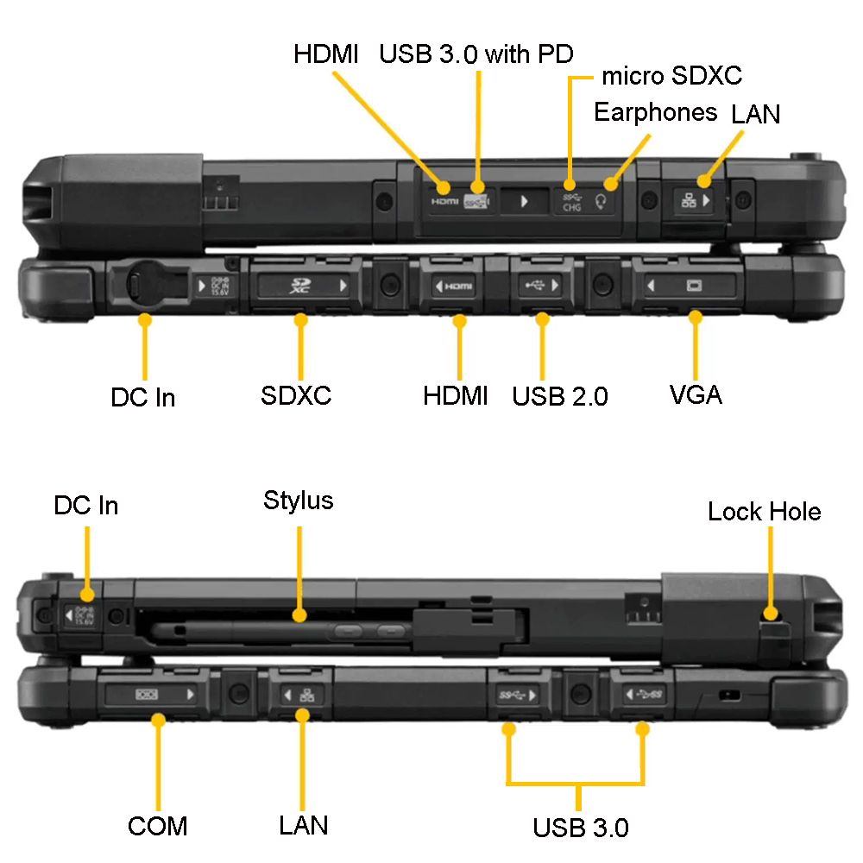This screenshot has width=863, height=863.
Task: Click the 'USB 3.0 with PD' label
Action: point(476,54)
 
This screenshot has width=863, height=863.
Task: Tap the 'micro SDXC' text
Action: point(671,75)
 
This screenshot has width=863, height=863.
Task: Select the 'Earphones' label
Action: point(656,112)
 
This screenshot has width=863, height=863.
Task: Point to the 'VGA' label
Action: point(696,394)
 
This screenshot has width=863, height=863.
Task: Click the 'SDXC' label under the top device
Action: point(296,395)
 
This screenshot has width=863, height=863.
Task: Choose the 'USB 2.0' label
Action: point(560,396)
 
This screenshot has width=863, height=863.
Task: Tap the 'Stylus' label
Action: point(299,501)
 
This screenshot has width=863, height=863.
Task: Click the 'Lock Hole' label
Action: point(765,511)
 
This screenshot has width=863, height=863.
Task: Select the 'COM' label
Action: point(157,826)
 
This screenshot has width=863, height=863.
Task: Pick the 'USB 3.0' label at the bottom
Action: point(581,828)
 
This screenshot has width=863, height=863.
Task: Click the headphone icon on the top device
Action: point(601,201)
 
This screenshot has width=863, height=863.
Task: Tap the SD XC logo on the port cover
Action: point(300,285)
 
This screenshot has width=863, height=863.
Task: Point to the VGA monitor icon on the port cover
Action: point(694,285)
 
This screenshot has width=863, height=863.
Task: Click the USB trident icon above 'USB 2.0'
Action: point(534,285)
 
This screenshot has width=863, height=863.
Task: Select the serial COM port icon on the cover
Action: point(147,694)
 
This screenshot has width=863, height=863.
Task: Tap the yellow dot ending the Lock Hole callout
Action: point(771,613)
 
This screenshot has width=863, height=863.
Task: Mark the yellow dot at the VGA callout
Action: point(696,317)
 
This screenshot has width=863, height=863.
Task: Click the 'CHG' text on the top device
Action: point(572,207)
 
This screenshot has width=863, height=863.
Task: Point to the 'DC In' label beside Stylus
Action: point(85,505)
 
